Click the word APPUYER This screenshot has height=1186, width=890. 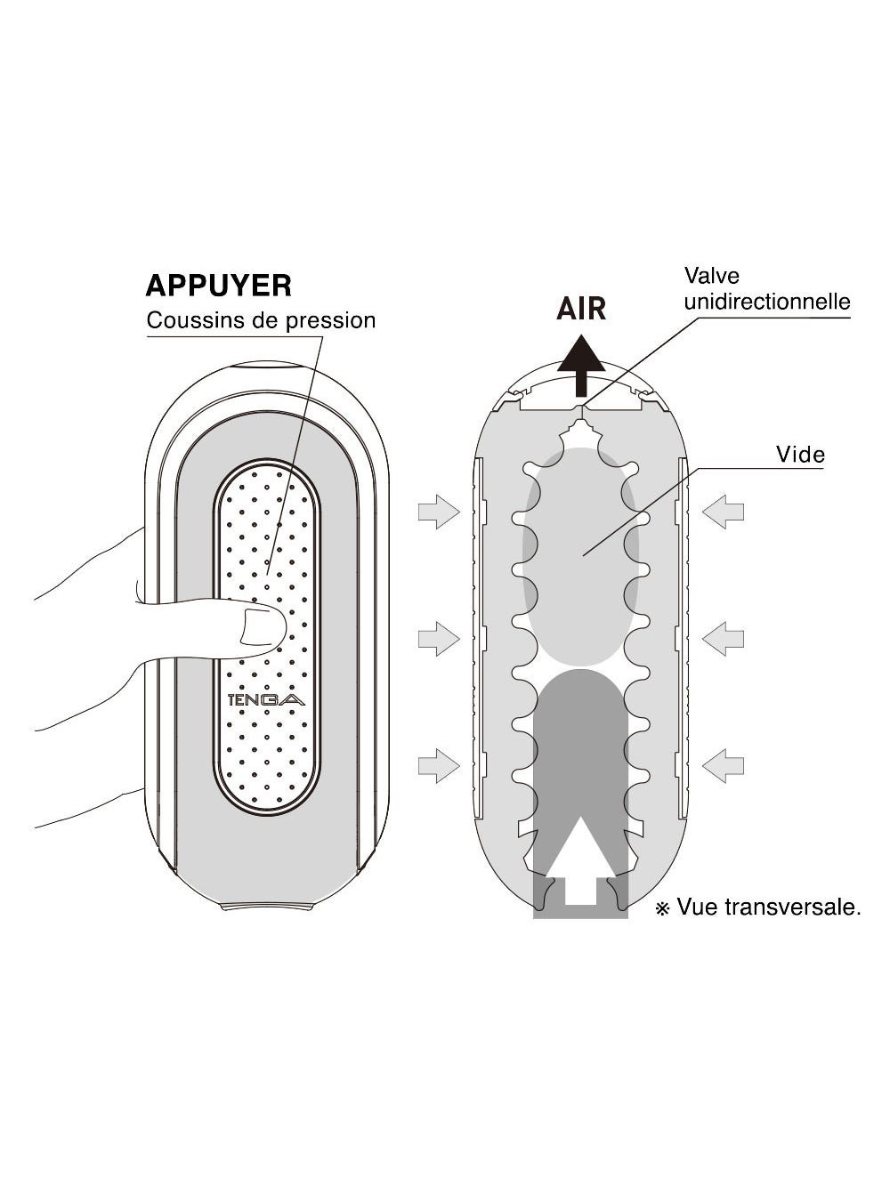coord(218,286)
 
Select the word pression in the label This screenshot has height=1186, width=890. coord(330,320)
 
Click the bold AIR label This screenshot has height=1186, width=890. coord(581,309)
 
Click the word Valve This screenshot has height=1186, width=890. coord(711,276)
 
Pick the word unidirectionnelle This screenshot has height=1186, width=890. coord(767,302)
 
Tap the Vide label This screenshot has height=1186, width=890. coord(800,455)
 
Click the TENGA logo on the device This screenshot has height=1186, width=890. coord(266,699)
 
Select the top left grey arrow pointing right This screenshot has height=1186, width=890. coord(439,512)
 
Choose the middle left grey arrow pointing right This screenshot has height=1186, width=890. coord(439,638)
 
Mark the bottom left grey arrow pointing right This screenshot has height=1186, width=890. coord(439,765)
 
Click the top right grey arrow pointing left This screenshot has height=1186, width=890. coord(723,512)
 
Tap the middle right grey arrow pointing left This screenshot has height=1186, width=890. coord(723,638)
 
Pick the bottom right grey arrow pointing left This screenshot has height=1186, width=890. coord(723,765)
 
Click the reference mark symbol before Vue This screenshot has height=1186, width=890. coord(662,908)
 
